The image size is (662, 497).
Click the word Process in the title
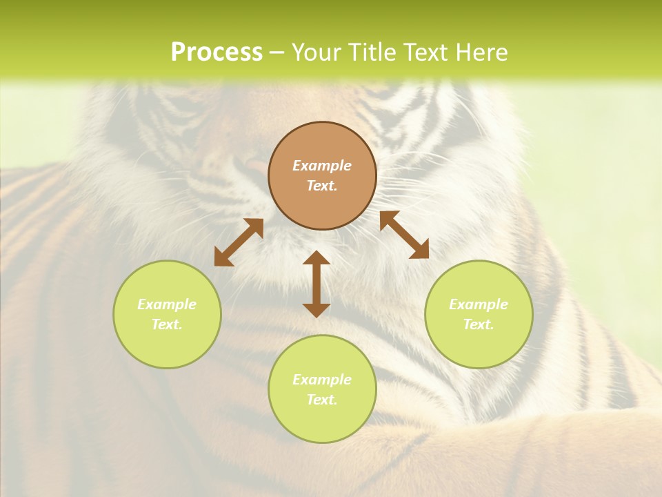point(217,52)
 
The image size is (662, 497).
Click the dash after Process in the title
point(277,54)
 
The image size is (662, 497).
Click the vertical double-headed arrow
point(317,284)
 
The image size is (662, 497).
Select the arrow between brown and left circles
point(239,242)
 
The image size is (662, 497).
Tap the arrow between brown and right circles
point(404,235)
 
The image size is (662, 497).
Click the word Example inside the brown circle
point(322,166)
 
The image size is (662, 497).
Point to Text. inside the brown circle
point(322,186)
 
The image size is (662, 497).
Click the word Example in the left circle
point(167,304)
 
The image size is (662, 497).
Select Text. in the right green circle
point(479,324)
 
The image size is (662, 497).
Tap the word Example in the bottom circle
point(322,380)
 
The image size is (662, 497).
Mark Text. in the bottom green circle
point(322,400)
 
